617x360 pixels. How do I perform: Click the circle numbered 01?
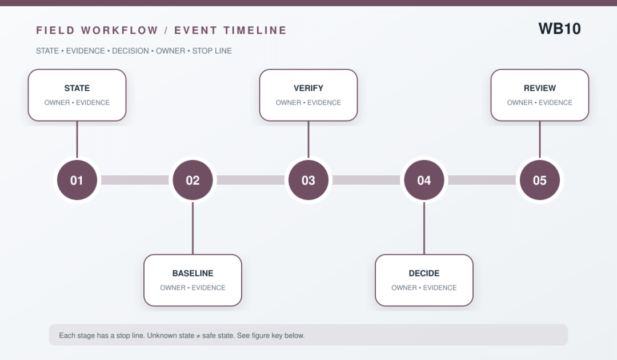77,180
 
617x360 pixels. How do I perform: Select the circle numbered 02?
193,180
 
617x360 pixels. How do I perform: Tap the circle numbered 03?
308,180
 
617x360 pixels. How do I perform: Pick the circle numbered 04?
424,180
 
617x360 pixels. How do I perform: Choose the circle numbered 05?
540,180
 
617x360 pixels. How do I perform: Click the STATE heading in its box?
77,88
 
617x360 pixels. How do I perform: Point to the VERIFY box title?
308,88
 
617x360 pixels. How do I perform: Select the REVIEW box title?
540,88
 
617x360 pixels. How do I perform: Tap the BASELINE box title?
193,274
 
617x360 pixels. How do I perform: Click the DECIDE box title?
424,274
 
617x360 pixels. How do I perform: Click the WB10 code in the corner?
559,29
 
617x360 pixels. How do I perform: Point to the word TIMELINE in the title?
255,30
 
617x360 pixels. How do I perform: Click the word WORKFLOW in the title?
119,30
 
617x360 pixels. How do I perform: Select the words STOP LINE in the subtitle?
212,51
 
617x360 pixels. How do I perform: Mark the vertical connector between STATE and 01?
77,139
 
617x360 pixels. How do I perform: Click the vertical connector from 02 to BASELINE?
193,228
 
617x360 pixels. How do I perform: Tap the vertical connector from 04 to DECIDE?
424,228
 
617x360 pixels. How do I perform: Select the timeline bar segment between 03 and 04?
366,180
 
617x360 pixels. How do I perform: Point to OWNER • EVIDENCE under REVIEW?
540,103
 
